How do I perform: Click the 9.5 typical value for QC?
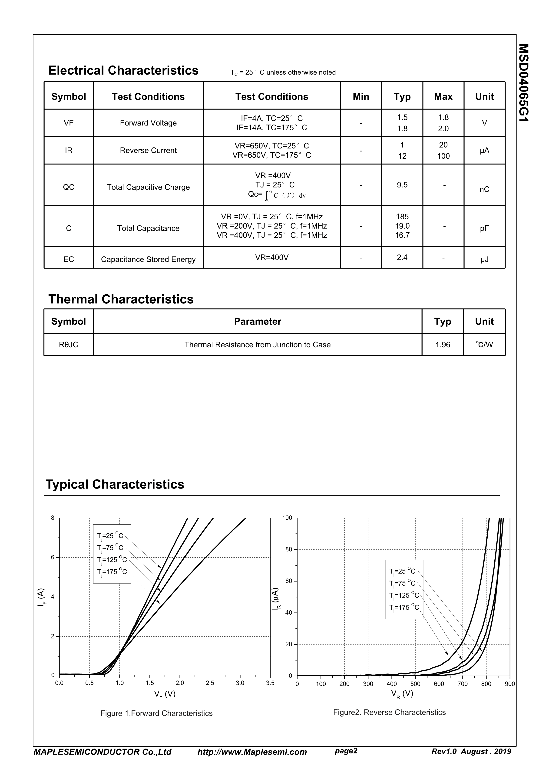click(402, 185)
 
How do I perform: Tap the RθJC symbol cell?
click(69, 345)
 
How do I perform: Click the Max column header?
click(443, 97)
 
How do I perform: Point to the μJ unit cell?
click(484, 260)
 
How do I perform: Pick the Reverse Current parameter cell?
click(148, 151)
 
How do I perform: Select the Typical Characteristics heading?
click(115, 484)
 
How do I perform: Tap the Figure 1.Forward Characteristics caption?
click(156, 713)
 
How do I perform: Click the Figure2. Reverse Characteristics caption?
click(389, 712)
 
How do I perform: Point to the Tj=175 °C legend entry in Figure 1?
click(112, 572)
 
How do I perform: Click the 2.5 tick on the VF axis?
click(210, 683)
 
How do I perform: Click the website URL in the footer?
click(252, 752)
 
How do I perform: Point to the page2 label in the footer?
click(346, 751)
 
